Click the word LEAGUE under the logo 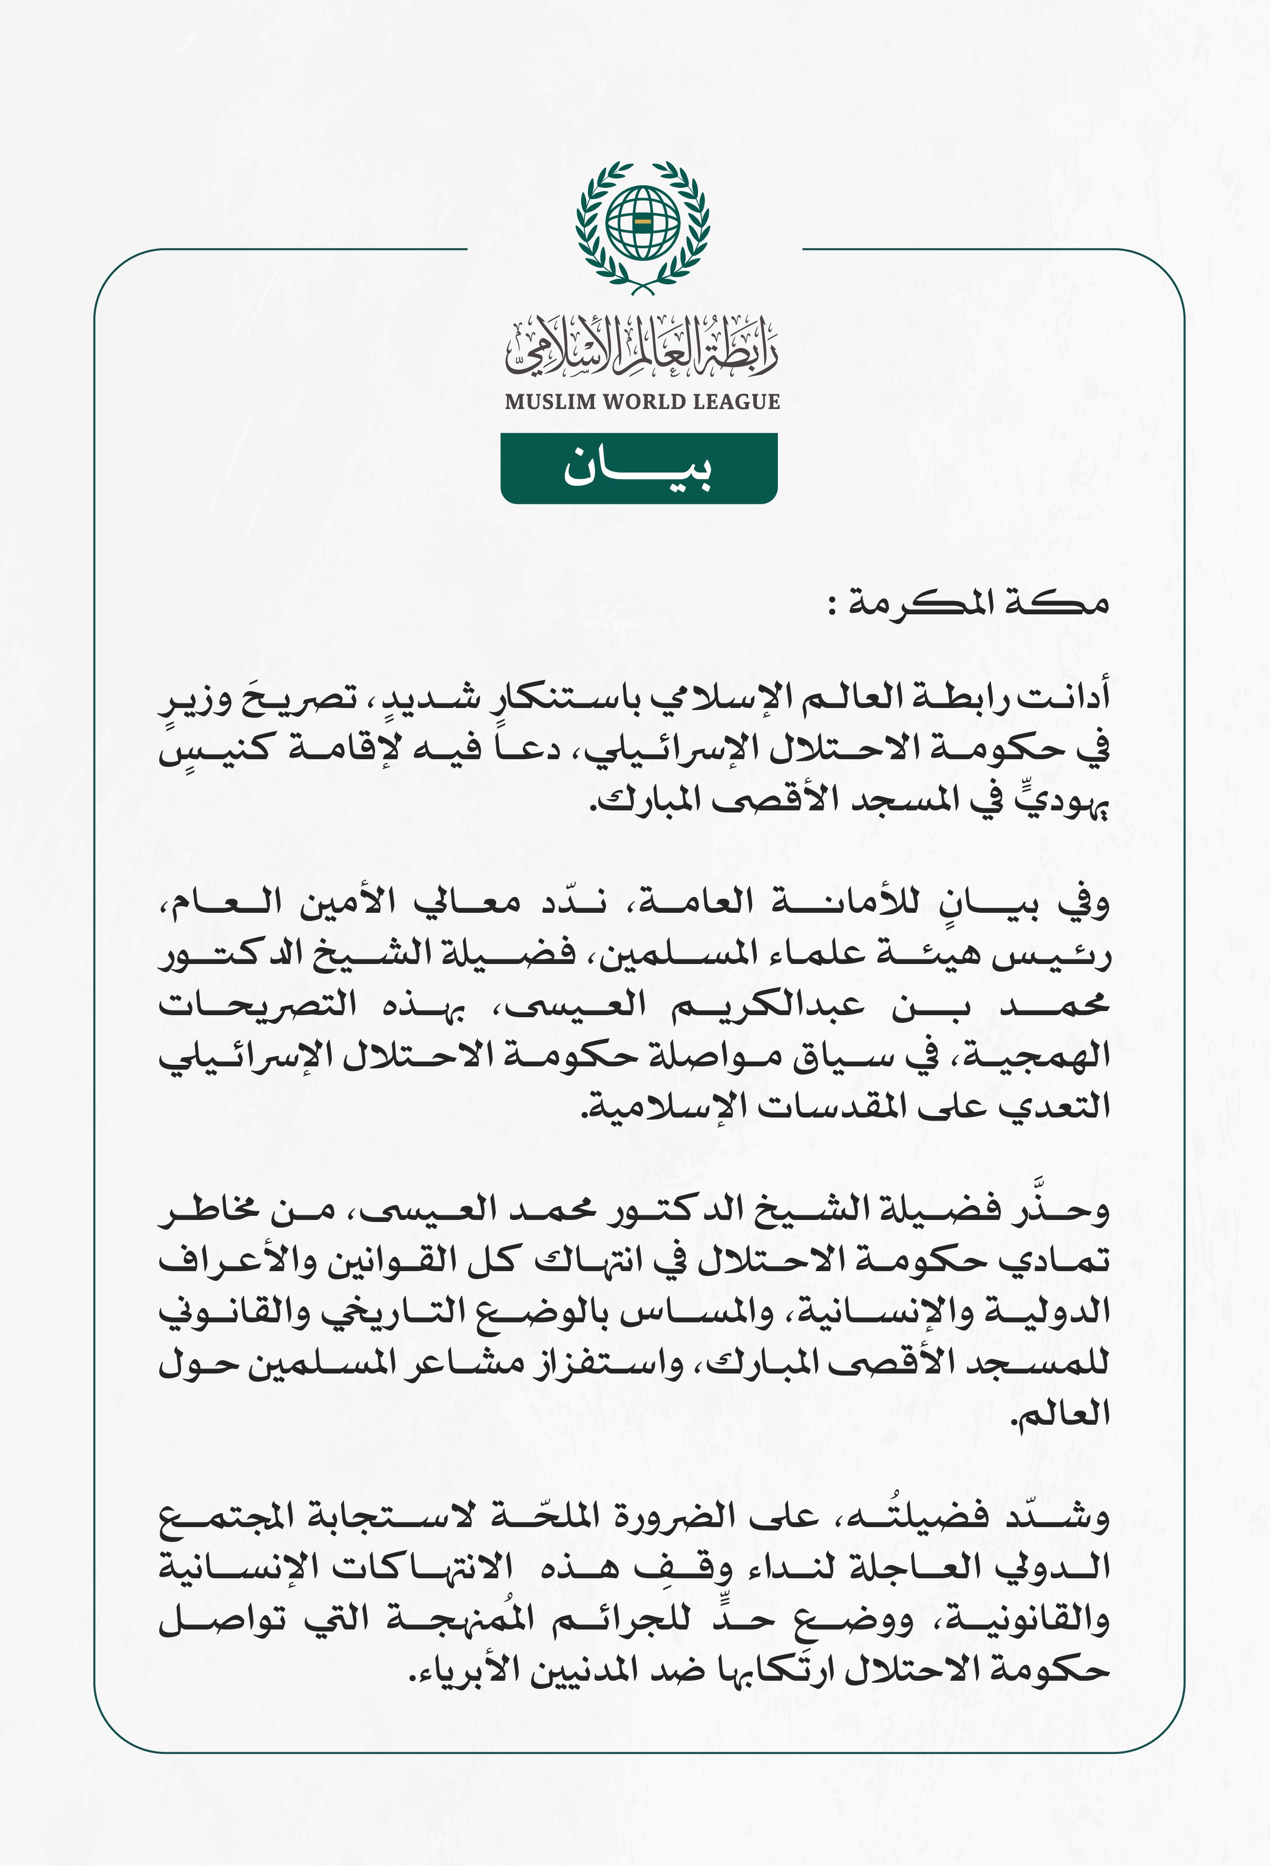[x=736, y=401]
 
